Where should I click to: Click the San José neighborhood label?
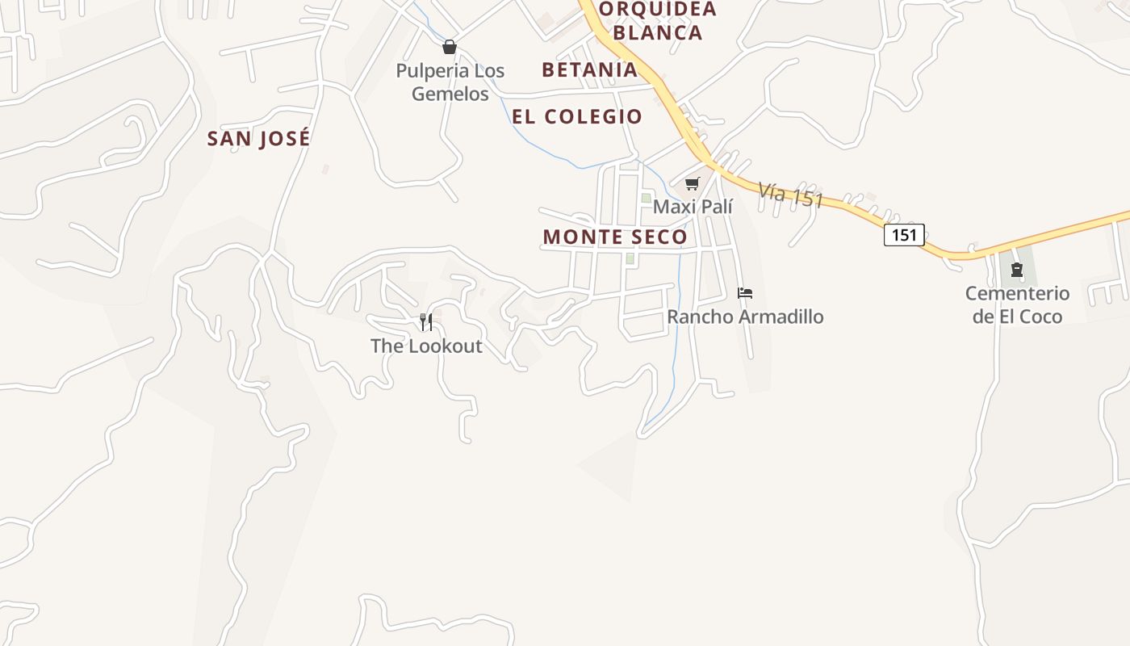pos(258,138)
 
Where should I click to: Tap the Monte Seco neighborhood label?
pos(615,237)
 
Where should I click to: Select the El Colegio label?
pos(577,116)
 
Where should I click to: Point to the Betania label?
pos(590,69)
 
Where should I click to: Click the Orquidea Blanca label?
pos(652,21)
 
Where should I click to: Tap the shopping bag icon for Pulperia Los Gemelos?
pos(450,47)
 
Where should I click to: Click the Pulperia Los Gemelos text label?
pos(450,82)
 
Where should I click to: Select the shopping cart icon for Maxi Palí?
pos(692,184)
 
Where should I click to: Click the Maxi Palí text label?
pos(693,207)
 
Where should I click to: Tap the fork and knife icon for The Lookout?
pos(426,323)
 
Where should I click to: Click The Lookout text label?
pos(426,346)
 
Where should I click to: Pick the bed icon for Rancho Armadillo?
pos(745,293)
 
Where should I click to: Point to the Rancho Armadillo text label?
pos(745,317)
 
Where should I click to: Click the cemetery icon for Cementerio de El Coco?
pos(1017,270)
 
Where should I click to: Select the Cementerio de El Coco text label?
pos(1017,305)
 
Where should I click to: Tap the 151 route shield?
pos(904,235)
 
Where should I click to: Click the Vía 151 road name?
pos(790,195)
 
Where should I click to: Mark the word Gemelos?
pos(450,94)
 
